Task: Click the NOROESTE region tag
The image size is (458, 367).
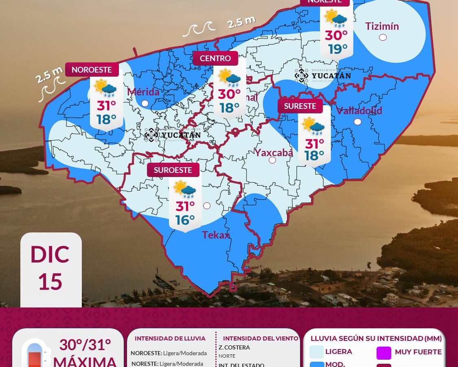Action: (x=92, y=70)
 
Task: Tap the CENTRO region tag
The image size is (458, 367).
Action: (x=215, y=58)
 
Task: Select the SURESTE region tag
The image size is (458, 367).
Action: (x=300, y=106)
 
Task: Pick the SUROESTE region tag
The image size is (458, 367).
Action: (x=173, y=170)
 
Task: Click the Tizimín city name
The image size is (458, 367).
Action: (x=382, y=27)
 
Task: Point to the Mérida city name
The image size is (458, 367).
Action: (x=143, y=92)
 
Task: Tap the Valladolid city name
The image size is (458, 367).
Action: (x=359, y=111)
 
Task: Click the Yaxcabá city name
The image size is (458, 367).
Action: (x=274, y=153)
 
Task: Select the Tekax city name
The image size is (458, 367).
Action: (x=216, y=235)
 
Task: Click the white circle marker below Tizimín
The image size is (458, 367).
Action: (x=383, y=38)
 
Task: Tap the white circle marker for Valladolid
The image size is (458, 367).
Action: (x=357, y=122)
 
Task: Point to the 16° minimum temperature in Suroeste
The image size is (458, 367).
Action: (x=185, y=220)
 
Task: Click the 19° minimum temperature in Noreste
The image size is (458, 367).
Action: (x=338, y=49)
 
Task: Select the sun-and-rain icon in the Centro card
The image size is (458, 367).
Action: (x=229, y=78)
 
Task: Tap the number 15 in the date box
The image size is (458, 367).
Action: (x=50, y=281)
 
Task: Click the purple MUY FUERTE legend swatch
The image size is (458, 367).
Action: (x=384, y=353)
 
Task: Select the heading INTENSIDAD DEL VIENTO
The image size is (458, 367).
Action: (x=261, y=338)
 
